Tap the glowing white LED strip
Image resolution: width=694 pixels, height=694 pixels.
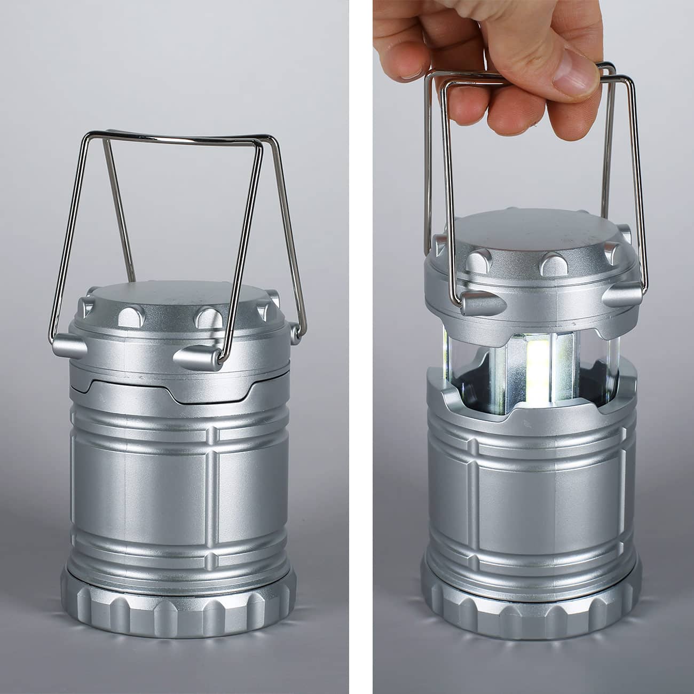[x=537, y=374]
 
